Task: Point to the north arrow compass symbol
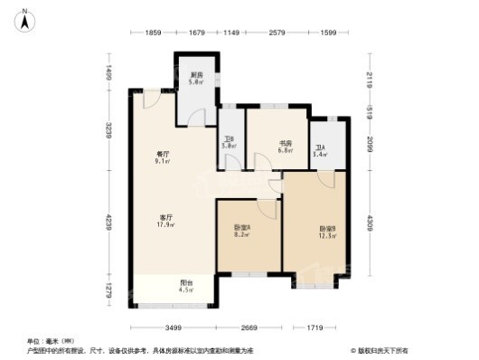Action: (x=28, y=16)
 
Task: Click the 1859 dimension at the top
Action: (x=153, y=33)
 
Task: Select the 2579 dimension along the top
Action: (x=277, y=33)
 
